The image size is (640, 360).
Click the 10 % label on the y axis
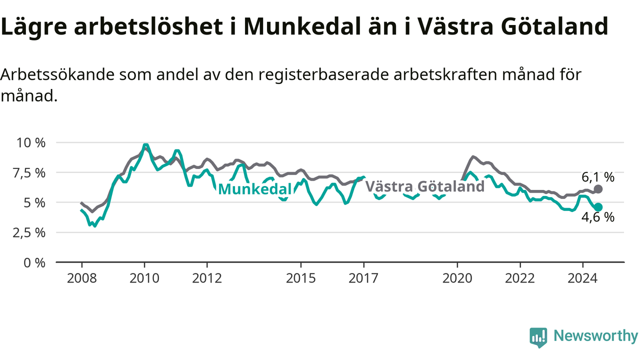coord(31,143)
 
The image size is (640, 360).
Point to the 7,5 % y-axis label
coord(29,173)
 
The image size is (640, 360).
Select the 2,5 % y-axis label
coord(29,233)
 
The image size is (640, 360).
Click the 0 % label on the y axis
coord(34,263)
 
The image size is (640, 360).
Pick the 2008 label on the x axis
coord(81,278)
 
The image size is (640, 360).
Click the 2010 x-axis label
coord(144,278)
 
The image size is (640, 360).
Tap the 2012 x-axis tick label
coord(207,278)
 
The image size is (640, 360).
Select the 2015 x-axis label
coord(301,278)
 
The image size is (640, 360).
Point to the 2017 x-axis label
coord(363,278)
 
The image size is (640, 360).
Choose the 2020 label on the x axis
coord(457,278)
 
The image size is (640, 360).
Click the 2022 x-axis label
coord(520,278)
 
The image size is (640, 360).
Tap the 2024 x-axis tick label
coord(582,278)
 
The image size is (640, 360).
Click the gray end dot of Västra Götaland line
coord(598,189)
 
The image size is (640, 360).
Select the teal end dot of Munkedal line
coord(598,207)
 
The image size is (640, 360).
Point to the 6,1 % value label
coord(598,177)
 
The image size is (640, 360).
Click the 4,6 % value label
coord(598,217)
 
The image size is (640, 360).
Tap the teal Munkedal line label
coord(255,189)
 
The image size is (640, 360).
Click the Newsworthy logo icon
coord(538,337)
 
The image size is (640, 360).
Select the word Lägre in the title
coord(34,27)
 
